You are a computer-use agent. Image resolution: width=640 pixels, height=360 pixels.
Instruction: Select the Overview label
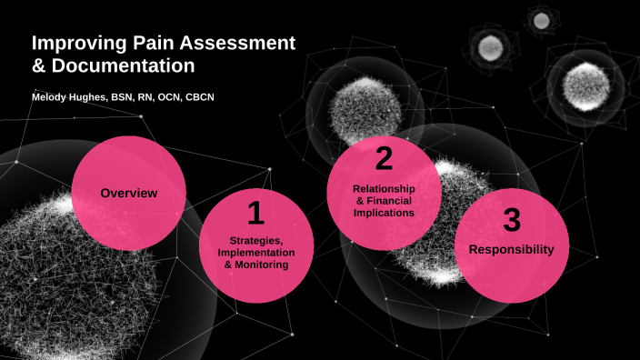[129, 194]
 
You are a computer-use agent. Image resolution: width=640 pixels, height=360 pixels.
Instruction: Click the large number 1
[255, 214]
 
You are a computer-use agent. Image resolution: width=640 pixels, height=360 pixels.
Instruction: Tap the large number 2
[384, 160]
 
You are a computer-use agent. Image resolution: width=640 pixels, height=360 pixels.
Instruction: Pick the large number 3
[512, 221]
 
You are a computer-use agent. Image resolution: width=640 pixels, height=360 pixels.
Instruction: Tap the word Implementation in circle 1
[255, 253]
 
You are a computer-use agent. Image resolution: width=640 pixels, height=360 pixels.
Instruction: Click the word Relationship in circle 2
[384, 188]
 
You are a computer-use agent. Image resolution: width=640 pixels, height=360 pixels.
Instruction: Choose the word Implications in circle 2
[384, 212]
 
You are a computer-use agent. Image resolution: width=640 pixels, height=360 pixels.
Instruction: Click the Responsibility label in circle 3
[511, 249]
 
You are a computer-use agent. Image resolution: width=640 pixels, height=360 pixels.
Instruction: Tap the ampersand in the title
[39, 66]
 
